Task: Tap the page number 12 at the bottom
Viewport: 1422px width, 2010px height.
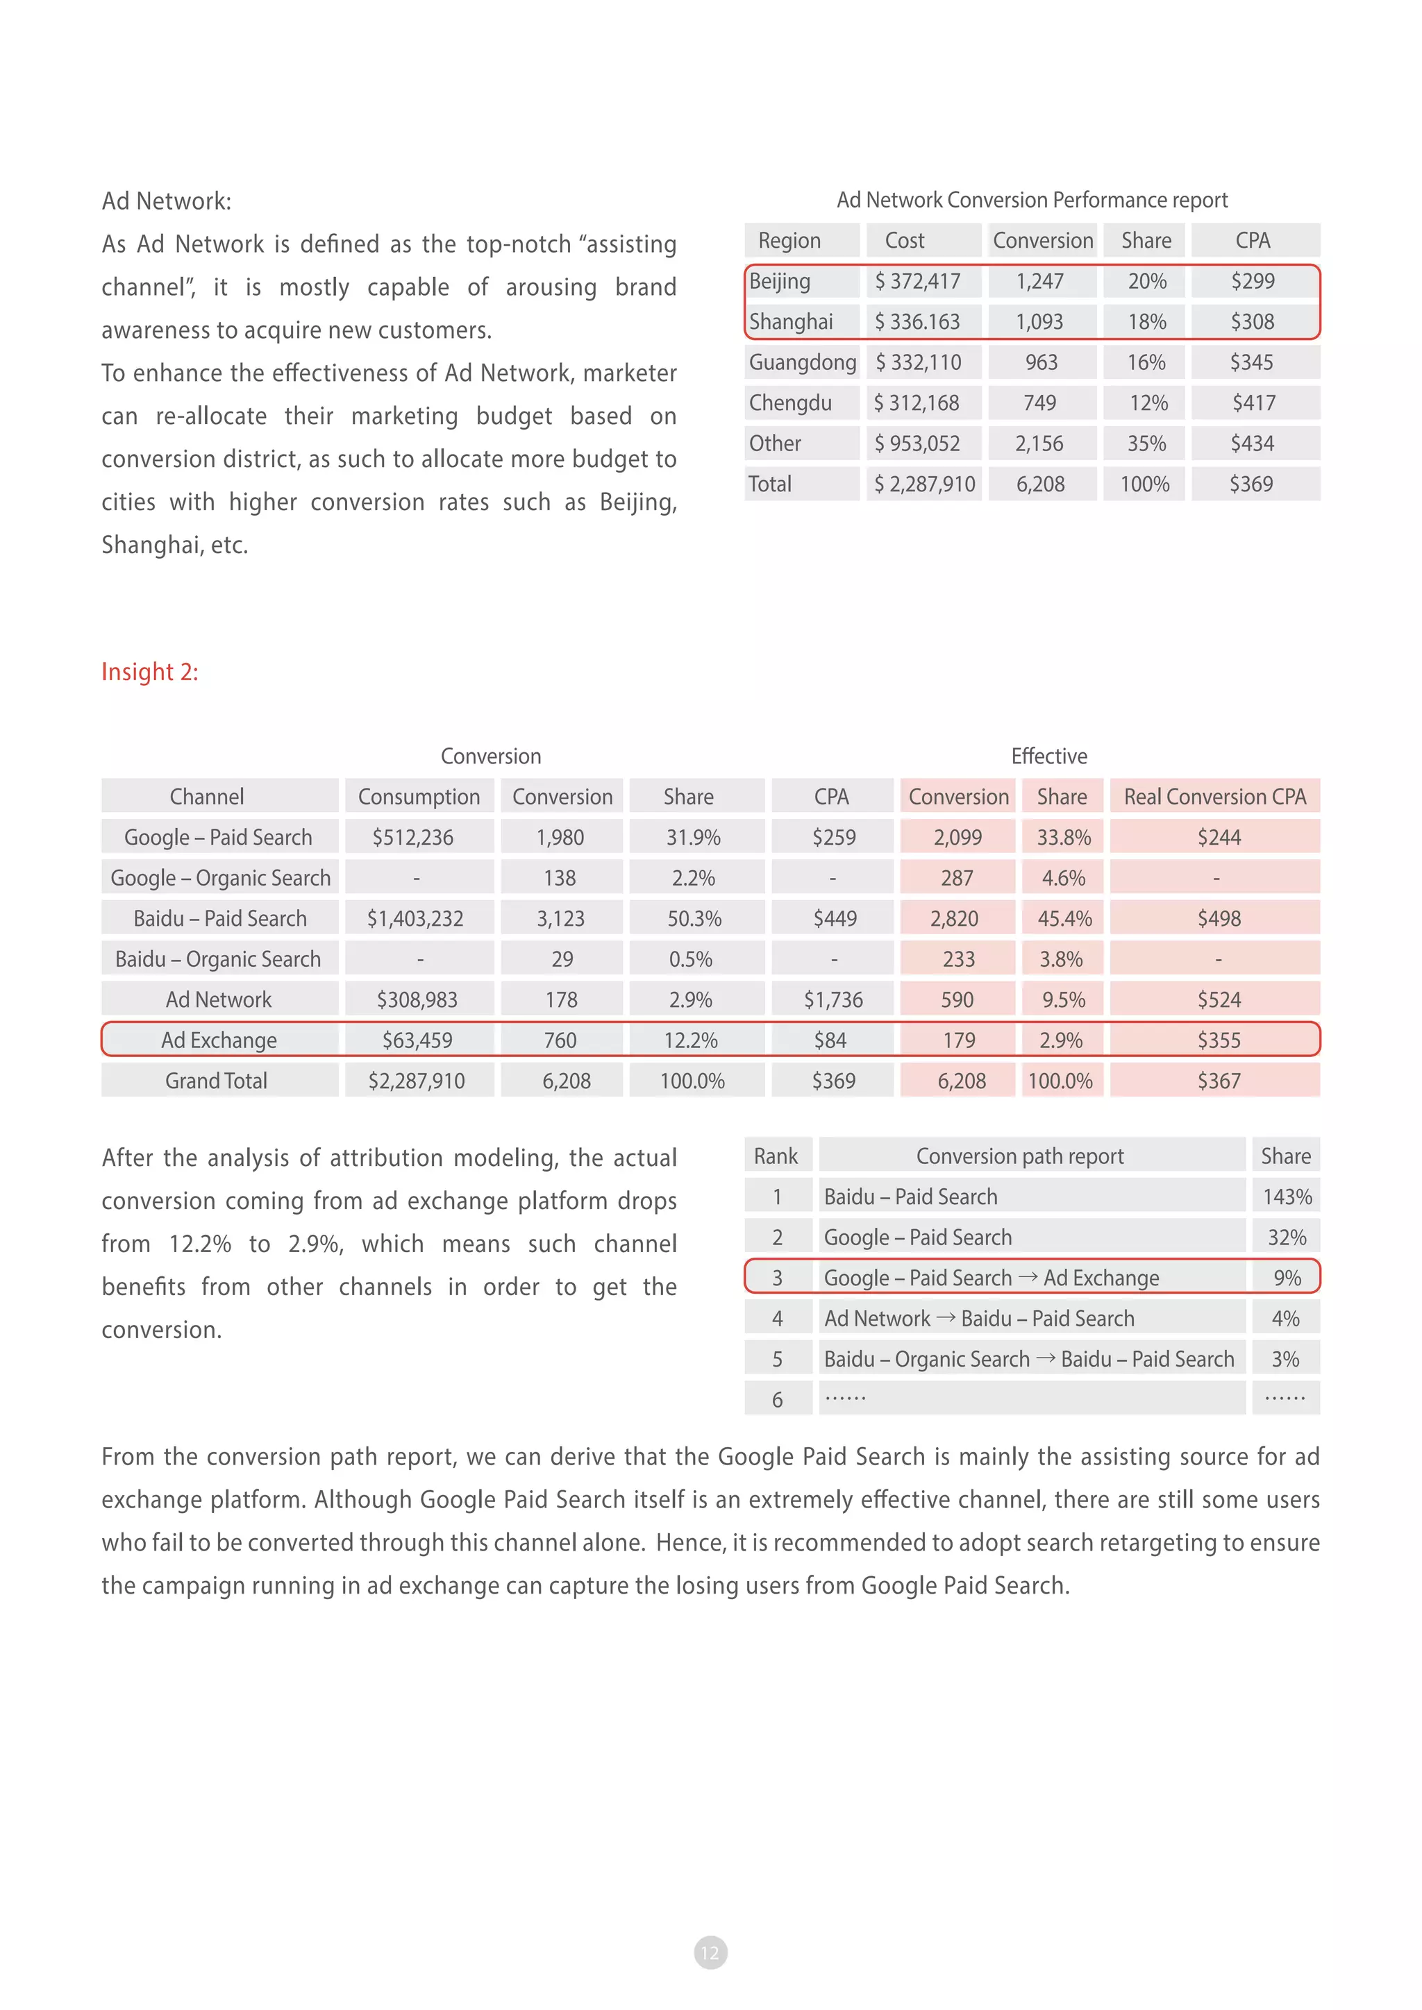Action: pyautogui.click(x=710, y=1952)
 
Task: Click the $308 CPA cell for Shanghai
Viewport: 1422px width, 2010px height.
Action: pyautogui.click(x=1252, y=321)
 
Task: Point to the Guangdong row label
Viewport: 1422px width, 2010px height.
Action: pyautogui.click(x=802, y=362)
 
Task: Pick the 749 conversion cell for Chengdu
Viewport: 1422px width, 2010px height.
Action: pyautogui.click(x=1039, y=403)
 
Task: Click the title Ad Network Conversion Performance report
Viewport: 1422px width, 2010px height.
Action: pyautogui.click(x=1032, y=200)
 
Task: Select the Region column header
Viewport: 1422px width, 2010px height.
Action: pyautogui.click(x=789, y=241)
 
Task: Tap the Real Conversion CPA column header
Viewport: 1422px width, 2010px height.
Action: pyautogui.click(x=1214, y=797)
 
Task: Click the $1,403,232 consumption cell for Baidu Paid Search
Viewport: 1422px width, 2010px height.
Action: pyautogui.click(x=415, y=918)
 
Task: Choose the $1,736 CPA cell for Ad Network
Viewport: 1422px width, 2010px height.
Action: pyautogui.click(x=833, y=999)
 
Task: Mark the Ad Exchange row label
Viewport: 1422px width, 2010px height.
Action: pyautogui.click(x=219, y=1040)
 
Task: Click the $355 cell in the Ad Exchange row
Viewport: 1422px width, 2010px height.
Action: pyautogui.click(x=1219, y=1040)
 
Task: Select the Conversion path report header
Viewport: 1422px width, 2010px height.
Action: pyautogui.click(x=1019, y=1156)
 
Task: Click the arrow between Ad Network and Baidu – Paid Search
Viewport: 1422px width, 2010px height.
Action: pyautogui.click(x=946, y=1317)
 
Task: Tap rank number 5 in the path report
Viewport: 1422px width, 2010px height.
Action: pyautogui.click(x=777, y=1360)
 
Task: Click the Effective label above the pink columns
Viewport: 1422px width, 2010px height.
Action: pyautogui.click(x=1049, y=756)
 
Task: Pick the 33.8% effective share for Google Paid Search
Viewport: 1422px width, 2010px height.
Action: pyautogui.click(x=1063, y=838)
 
